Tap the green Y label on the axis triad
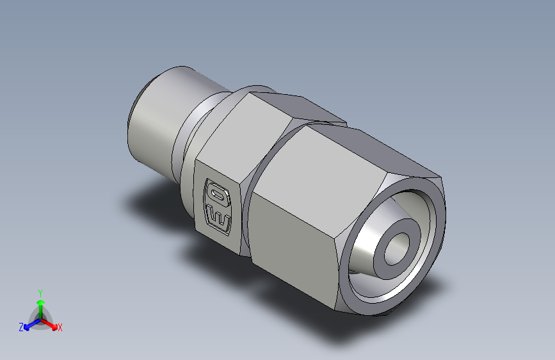(40, 291)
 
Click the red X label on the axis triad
(60, 328)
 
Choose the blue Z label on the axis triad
(21, 327)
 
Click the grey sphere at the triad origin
(40, 318)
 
